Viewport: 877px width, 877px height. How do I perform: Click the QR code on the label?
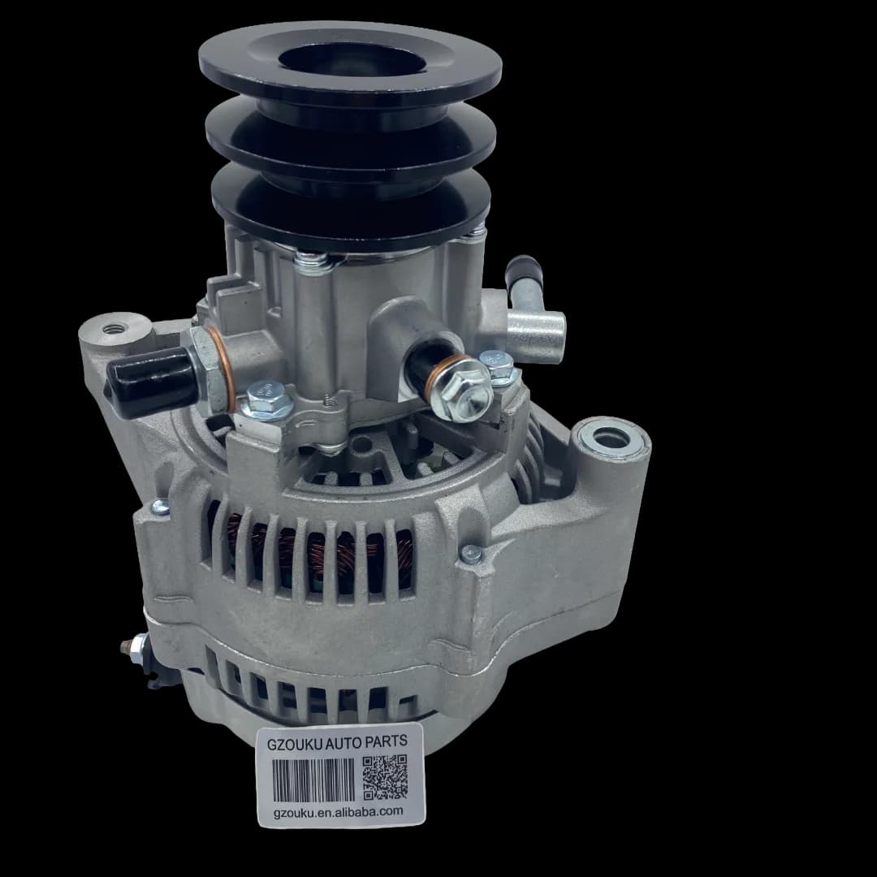coord(385,777)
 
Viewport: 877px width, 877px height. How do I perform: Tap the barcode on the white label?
coord(313,780)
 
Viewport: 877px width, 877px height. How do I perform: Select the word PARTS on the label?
coord(386,741)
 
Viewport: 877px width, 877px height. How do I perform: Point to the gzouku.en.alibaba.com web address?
coord(339,811)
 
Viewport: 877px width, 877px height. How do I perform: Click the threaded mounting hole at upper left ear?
coord(116,329)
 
